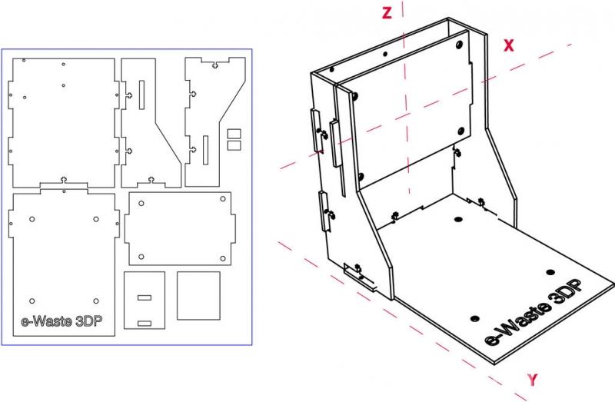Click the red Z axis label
tap(387, 13)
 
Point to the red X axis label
tap(509, 45)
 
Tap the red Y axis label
tap(532, 380)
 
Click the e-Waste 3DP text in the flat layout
tap(61, 321)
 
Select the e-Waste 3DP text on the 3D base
tap(533, 312)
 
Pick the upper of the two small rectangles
tap(234, 133)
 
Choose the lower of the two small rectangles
tap(234, 145)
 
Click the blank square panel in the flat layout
tap(198, 296)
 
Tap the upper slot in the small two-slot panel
tap(145, 297)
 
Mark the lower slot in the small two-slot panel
tap(145, 324)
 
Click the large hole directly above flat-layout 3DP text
tap(95, 301)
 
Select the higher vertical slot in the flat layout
tap(141, 95)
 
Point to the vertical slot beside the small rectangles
tap(205, 150)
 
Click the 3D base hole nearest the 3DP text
tap(550, 272)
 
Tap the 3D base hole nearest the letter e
tap(474, 318)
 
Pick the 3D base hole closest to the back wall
tap(457, 219)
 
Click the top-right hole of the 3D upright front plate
tap(458, 45)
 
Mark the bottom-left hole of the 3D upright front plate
tap(361, 177)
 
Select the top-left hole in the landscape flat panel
tap(141, 204)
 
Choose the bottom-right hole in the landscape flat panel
tap(223, 258)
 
